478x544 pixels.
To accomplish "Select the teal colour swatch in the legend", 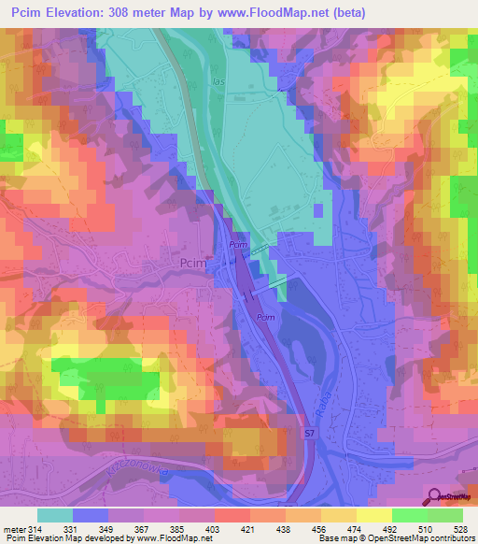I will coord(54,515).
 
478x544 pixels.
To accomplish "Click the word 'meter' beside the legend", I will coord(15,529).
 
